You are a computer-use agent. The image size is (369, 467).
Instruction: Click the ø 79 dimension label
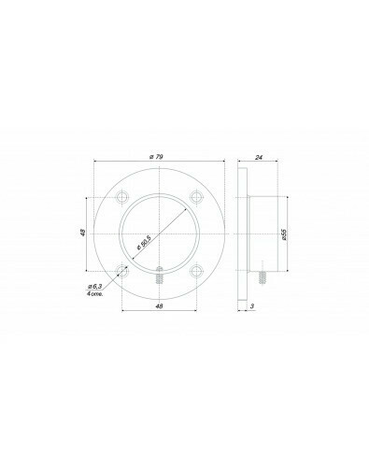(x=156, y=157)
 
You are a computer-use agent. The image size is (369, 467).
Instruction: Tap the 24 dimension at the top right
(x=259, y=158)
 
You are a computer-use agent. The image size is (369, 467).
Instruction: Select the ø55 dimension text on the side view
(x=283, y=234)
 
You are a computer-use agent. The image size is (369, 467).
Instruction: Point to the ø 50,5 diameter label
(x=144, y=243)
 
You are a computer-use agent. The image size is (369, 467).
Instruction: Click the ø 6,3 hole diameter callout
(x=95, y=286)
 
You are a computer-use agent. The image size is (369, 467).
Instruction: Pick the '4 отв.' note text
(x=94, y=293)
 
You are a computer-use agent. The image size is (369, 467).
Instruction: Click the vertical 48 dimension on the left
(x=82, y=233)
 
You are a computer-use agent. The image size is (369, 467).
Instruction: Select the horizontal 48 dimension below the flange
(x=159, y=306)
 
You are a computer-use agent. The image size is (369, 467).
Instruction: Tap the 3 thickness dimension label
(x=252, y=306)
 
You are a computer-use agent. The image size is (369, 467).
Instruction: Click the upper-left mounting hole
(x=122, y=197)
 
